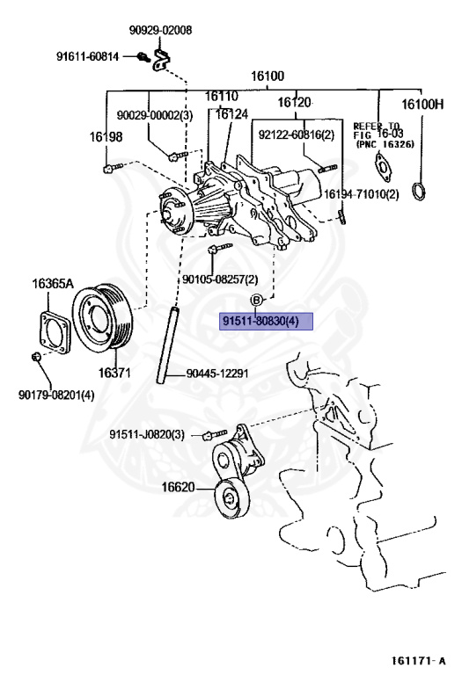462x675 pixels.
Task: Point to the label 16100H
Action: [422, 104]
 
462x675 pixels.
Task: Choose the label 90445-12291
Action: [217, 374]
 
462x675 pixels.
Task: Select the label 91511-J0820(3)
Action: [147, 434]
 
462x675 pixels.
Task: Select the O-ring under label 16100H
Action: [424, 192]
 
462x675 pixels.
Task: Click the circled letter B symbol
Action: [257, 301]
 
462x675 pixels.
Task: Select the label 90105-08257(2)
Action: [220, 279]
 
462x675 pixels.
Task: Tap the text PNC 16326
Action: [380, 143]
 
